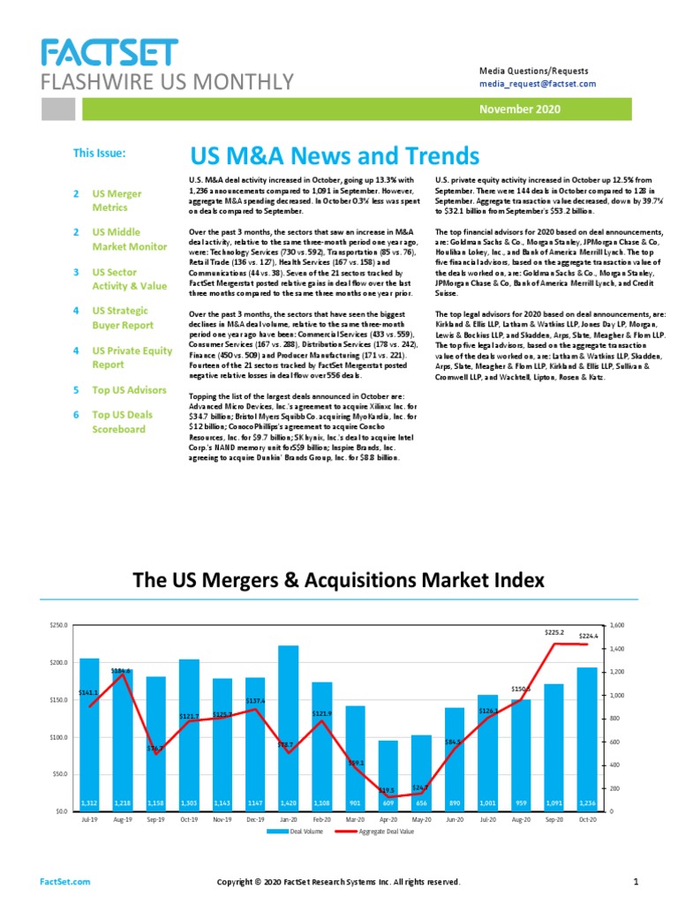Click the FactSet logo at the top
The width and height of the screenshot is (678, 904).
tap(109, 54)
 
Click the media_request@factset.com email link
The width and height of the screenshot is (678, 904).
tap(538, 84)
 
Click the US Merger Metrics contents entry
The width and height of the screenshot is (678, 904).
tap(117, 200)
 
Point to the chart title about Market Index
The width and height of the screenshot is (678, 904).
tap(338, 580)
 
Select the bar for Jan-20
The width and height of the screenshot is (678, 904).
tap(289, 724)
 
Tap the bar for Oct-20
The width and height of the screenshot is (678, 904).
tap(587, 737)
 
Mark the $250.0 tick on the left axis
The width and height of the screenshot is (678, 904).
tap(59, 625)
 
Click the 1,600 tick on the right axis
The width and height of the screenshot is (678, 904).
tap(618, 625)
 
